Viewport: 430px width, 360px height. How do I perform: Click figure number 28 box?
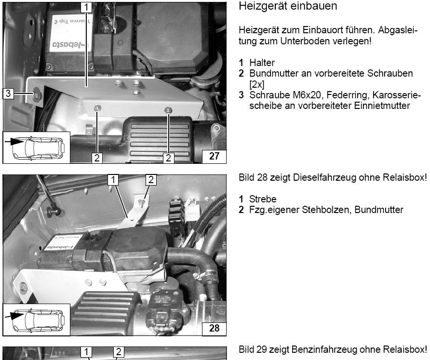click(x=214, y=328)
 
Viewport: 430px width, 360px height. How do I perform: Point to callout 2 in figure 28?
click(x=151, y=180)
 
